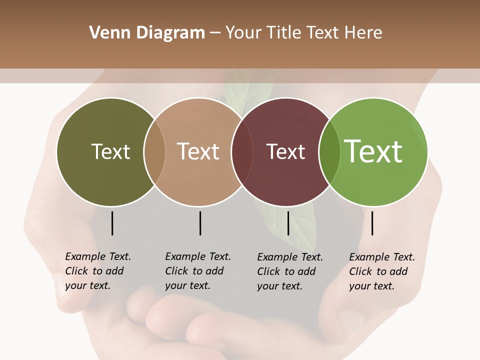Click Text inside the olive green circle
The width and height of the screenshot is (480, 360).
click(x=110, y=152)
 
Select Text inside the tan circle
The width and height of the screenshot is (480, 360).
click(x=198, y=152)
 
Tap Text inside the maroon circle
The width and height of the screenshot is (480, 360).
click(x=285, y=152)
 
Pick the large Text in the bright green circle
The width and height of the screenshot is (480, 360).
click(x=373, y=151)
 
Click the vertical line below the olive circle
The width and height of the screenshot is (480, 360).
click(x=112, y=223)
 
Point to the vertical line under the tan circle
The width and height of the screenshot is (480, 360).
click(x=200, y=223)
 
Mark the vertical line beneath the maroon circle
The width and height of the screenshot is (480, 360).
click(x=288, y=223)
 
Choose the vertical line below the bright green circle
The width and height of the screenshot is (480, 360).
click(x=372, y=223)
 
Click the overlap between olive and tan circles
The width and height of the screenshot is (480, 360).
click(x=154, y=152)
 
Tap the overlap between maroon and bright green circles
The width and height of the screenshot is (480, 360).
click(x=329, y=152)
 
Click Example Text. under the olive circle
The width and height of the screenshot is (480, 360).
click(x=98, y=256)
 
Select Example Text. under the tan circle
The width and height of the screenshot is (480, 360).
click(x=198, y=256)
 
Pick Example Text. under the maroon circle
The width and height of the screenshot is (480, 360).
click(x=290, y=257)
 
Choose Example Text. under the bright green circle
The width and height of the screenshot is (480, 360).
click(x=382, y=257)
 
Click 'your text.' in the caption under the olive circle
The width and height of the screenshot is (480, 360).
click(x=87, y=285)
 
